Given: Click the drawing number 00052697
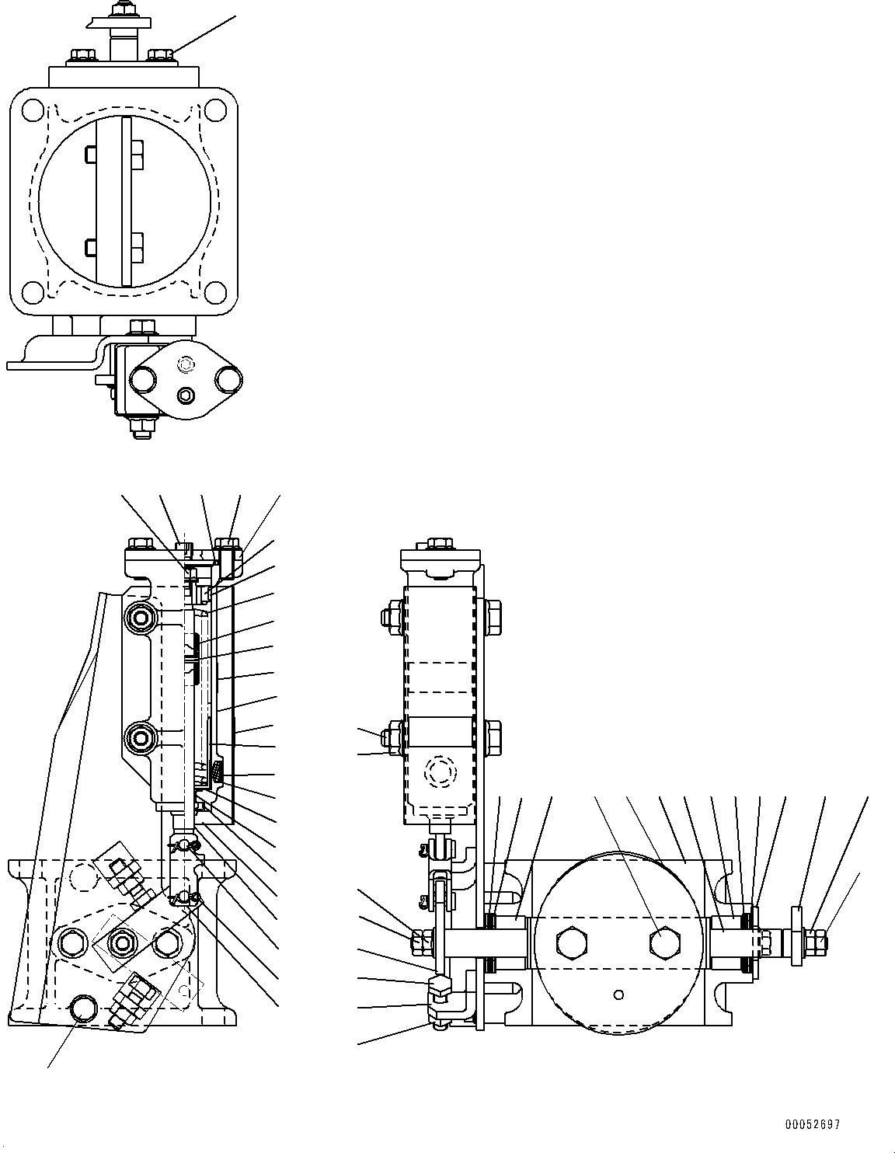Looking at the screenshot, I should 812,1124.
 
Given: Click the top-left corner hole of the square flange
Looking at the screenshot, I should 32,110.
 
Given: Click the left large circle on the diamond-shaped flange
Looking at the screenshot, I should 142,379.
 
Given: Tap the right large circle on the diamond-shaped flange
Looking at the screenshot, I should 230,379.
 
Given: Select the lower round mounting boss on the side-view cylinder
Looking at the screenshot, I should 141,735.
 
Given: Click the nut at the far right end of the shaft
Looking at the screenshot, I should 818,942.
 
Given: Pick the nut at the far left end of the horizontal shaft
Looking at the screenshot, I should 416,942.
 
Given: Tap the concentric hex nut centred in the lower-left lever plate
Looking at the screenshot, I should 122,942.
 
